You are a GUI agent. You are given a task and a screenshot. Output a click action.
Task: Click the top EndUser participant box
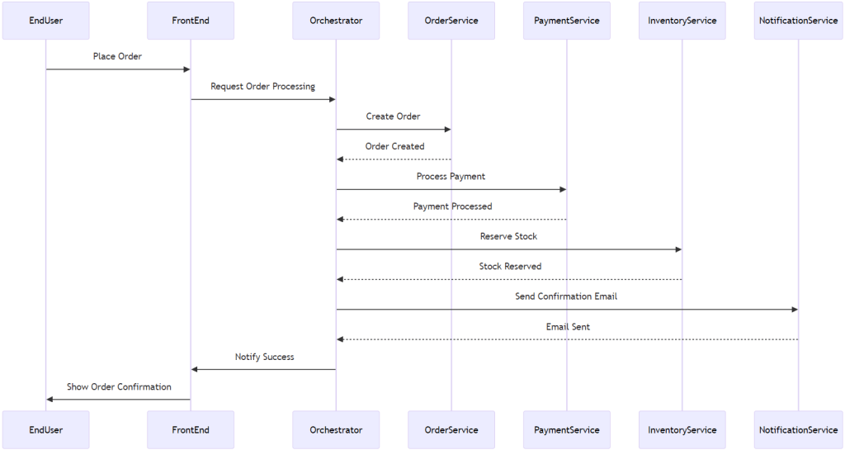coord(45,21)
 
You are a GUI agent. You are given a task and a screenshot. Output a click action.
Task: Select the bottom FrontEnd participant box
coord(191,429)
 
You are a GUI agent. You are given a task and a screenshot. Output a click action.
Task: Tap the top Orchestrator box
coord(336,21)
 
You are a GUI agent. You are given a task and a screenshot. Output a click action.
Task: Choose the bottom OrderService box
coord(451,429)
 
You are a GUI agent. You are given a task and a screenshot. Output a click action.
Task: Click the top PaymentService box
coord(567,21)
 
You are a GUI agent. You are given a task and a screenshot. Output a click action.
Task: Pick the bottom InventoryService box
coord(682,429)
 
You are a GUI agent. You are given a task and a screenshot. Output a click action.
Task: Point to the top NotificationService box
coord(798,21)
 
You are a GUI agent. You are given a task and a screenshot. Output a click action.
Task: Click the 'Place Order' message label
coord(117,56)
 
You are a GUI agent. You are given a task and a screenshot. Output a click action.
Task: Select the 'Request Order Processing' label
coord(262,86)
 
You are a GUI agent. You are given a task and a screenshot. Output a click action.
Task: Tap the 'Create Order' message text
coord(393,116)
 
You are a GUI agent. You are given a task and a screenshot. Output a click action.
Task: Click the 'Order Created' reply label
coord(394,146)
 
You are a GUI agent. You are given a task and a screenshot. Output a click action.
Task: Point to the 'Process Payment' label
coord(451,176)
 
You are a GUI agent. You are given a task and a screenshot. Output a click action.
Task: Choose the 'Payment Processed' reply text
coord(452,206)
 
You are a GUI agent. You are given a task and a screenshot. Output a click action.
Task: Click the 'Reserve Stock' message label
coord(508,236)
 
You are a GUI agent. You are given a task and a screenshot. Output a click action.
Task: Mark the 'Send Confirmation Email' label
coord(566,296)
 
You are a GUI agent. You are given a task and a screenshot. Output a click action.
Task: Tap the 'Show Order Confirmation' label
coord(119,386)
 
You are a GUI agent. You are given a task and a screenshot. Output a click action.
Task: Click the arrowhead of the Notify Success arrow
coord(195,369)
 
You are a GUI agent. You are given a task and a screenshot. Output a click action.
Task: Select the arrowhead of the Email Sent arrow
coord(340,339)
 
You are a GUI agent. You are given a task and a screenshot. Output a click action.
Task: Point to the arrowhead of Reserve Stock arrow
coord(677,249)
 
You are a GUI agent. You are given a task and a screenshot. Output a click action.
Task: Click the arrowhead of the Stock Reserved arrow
coord(340,279)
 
